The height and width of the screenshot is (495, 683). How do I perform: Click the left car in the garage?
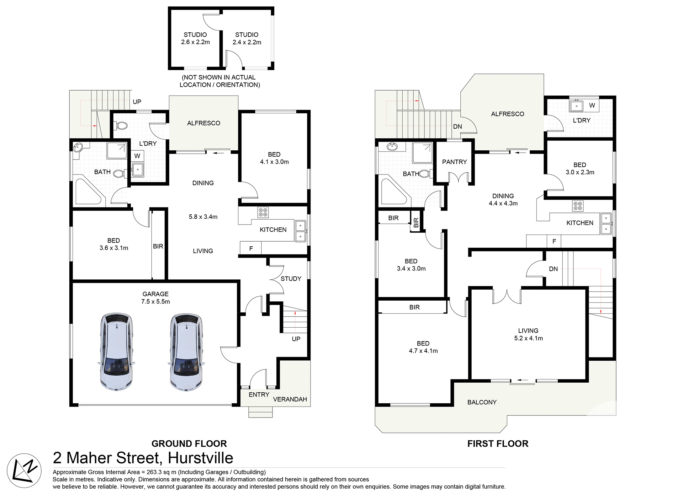point(117,352)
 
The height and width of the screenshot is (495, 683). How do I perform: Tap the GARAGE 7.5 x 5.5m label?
point(155,298)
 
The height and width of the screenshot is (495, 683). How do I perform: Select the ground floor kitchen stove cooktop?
point(263,212)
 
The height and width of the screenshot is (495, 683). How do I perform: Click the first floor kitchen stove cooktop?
point(578,206)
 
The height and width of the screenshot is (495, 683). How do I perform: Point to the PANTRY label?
point(454,162)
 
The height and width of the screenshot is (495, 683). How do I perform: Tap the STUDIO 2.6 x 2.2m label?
point(195,38)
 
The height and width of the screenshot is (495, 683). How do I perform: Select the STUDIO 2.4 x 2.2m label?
point(247,38)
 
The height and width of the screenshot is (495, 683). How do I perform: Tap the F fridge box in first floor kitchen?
point(554,241)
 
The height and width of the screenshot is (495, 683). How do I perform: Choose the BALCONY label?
point(482,402)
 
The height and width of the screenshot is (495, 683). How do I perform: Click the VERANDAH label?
point(290,399)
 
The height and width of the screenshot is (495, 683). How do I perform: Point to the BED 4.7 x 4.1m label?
point(423,347)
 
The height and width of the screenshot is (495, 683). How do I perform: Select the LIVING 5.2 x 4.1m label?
point(528,334)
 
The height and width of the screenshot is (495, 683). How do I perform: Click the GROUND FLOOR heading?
point(189,444)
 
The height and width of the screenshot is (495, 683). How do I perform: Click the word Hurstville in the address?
point(201,458)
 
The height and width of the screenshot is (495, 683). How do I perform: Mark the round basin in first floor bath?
point(393,147)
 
